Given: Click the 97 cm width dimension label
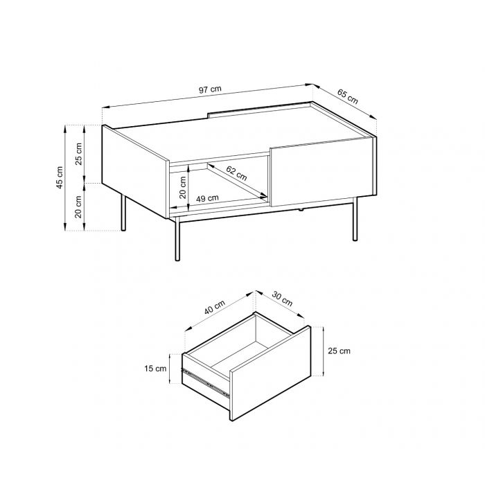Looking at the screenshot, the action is pyautogui.click(x=210, y=89).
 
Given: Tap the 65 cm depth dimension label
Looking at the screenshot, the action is pyautogui.click(x=347, y=96).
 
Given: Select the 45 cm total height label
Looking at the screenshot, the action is pyautogui.click(x=60, y=177).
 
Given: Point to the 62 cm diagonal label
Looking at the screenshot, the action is pyautogui.click(x=236, y=173).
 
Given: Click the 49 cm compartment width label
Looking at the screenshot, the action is pyautogui.click(x=207, y=198).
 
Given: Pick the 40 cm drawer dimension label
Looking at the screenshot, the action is pyautogui.click(x=214, y=308).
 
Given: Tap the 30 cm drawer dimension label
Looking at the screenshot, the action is pyautogui.click(x=282, y=299).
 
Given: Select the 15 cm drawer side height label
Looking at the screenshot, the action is pyautogui.click(x=155, y=369).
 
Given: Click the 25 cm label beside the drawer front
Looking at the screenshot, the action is pyautogui.click(x=339, y=351).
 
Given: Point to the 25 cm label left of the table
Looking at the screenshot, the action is pyautogui.click(x=78, y=154).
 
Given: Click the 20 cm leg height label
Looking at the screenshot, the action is pyautogui.click(x=78, y=207).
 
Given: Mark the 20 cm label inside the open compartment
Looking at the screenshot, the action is pyautogui.click(x=183, y=188).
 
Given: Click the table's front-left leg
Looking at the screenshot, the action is pyautogui.click(x=177, y=239).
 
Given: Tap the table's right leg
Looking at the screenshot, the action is pyautogui.click(x=355, y=219).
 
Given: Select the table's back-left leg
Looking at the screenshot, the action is pyautogui.click(x=123, y=213).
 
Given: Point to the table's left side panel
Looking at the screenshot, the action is pyautogui.click(x=135, y=171).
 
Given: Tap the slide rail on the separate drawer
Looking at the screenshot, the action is pyautogui.click(x=205, y=383).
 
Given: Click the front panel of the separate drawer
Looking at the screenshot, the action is pyautogui.click(x=270, y=373).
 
